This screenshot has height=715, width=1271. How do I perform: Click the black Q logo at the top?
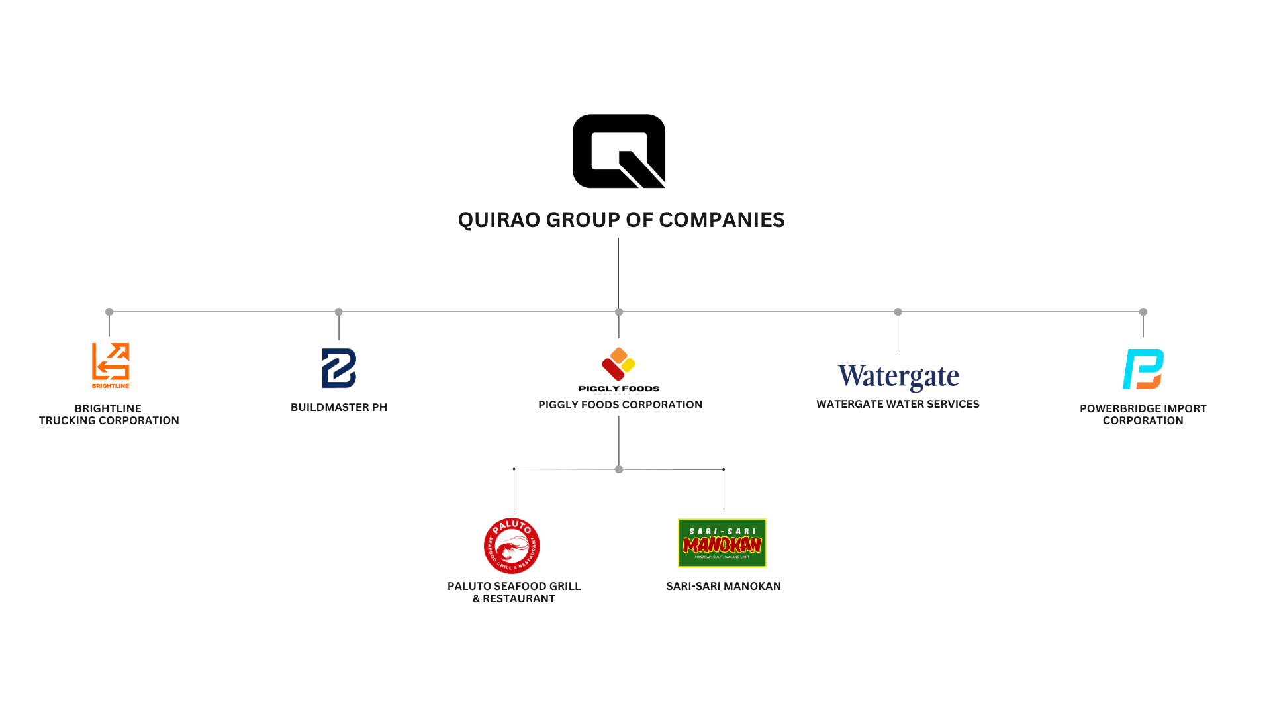tap(618, 151)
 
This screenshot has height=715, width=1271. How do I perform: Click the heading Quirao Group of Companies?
tap(621, 220)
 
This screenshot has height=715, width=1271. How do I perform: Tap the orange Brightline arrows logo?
tap(110, 365)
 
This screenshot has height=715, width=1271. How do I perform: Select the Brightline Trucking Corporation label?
tap(109, 414)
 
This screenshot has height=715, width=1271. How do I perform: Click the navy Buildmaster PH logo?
tap(339, 368)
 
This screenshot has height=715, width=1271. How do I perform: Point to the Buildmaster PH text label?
tap(339, 407)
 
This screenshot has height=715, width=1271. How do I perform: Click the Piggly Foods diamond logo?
tap(619, 365)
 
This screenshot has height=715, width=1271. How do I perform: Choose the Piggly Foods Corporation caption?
tap(620, 405)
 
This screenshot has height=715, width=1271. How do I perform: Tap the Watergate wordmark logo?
tap(898, 377)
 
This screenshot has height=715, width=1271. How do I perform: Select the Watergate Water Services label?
tap(898, 404)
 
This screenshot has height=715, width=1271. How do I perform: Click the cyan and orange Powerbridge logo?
tap(1143, 369)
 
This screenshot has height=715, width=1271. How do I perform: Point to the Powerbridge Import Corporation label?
tap(1143, 414)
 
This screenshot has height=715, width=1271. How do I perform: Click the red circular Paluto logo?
tap(512, 546)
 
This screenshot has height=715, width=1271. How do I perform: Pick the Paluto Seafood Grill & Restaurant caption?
tap(514, 592)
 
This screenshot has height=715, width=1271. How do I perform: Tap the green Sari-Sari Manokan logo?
tap(722, 543)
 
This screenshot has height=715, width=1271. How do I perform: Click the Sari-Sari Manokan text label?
tap(724, 586)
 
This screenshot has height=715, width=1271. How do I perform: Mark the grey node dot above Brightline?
tap(109, 312)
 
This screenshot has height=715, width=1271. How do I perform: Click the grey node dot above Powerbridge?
tap(1143, 312)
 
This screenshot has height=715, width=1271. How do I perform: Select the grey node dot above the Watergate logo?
tap(898, 312)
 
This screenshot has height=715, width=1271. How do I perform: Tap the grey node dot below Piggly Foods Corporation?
tap(619, 469)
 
